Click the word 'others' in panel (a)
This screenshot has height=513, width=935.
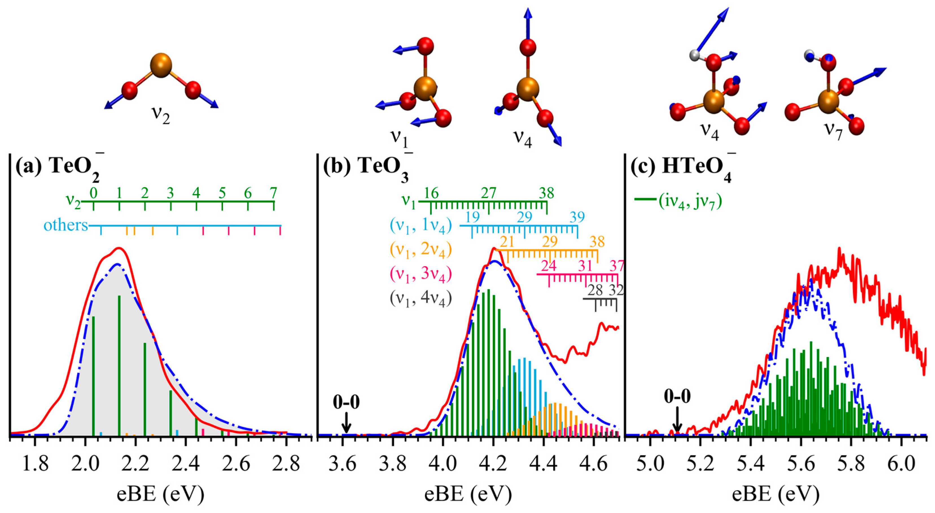coord(66,225)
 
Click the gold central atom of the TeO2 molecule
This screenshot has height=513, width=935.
coord(160,65)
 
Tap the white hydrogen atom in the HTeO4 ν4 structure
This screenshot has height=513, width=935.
coord(694,55)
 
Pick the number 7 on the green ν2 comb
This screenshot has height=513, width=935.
coord(273,193)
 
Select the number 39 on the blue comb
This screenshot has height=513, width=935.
coord(577,217)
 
